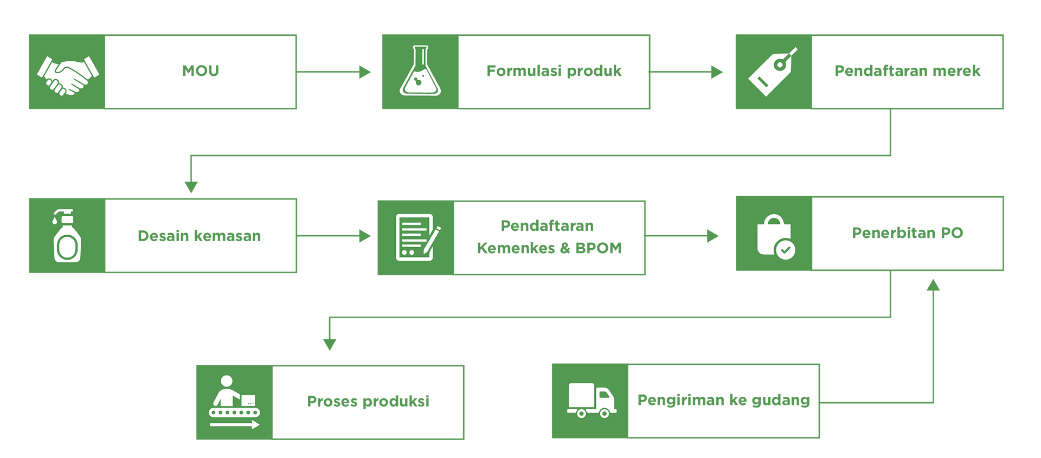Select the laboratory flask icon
point(420,72)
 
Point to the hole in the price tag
point(780,64)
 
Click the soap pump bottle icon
point(67,236)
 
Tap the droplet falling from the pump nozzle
point(55,221)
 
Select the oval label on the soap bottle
point(68,248)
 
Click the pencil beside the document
point(432,241)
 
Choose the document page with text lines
point(412,236)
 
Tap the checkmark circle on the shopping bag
point(785,250)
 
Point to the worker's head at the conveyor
point(227,381)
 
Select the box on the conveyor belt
point(248,401)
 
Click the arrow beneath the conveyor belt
point(235,425)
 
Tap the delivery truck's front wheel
point(605,414)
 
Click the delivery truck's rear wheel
point(581,414)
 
